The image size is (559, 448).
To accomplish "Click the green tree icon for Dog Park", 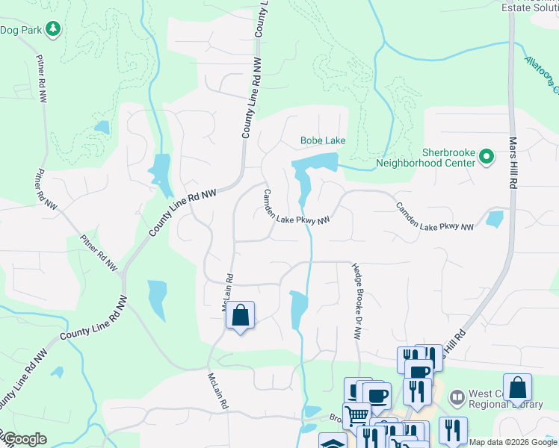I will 53,29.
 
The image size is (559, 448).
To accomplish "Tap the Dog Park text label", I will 21,30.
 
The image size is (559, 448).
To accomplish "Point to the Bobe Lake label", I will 323,140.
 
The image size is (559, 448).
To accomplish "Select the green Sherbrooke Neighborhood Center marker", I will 487,157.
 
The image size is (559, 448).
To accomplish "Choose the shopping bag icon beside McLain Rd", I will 241,315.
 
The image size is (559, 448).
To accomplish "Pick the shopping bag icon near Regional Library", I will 517,388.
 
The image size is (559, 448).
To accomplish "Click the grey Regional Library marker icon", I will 455,396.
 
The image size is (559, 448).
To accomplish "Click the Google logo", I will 24,440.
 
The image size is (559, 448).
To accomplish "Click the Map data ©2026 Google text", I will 513,442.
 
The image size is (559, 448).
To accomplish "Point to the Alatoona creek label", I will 543,75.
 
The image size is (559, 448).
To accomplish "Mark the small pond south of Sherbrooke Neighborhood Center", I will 494,219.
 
